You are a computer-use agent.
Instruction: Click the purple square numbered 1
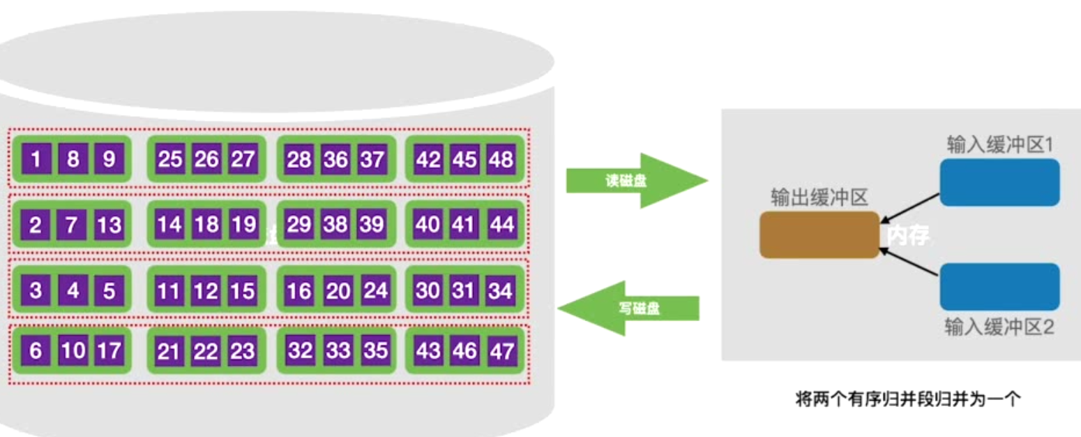36,160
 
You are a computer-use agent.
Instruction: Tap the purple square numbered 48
501,160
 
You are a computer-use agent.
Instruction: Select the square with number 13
109,225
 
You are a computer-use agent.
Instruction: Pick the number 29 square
299,225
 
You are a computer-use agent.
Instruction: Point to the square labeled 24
375,290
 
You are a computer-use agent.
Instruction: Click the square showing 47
501,350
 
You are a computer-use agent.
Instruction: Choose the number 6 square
36,350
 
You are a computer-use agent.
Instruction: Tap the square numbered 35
375,350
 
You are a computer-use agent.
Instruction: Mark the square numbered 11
168,290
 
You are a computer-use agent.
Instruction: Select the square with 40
428,225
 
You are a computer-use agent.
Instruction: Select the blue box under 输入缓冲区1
999,183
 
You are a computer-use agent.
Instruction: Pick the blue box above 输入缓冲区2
999,287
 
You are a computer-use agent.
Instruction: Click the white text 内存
908,236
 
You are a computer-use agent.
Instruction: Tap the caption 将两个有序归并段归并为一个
908,400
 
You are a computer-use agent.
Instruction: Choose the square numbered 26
206,160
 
